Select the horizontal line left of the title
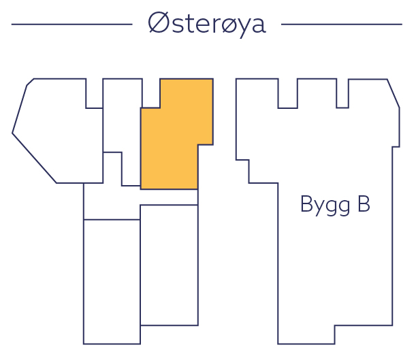[71, 24]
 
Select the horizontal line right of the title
[341, 24]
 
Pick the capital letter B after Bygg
[363, 204]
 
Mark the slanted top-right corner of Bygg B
[393, 93]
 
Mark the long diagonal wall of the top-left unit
[34, 158]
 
